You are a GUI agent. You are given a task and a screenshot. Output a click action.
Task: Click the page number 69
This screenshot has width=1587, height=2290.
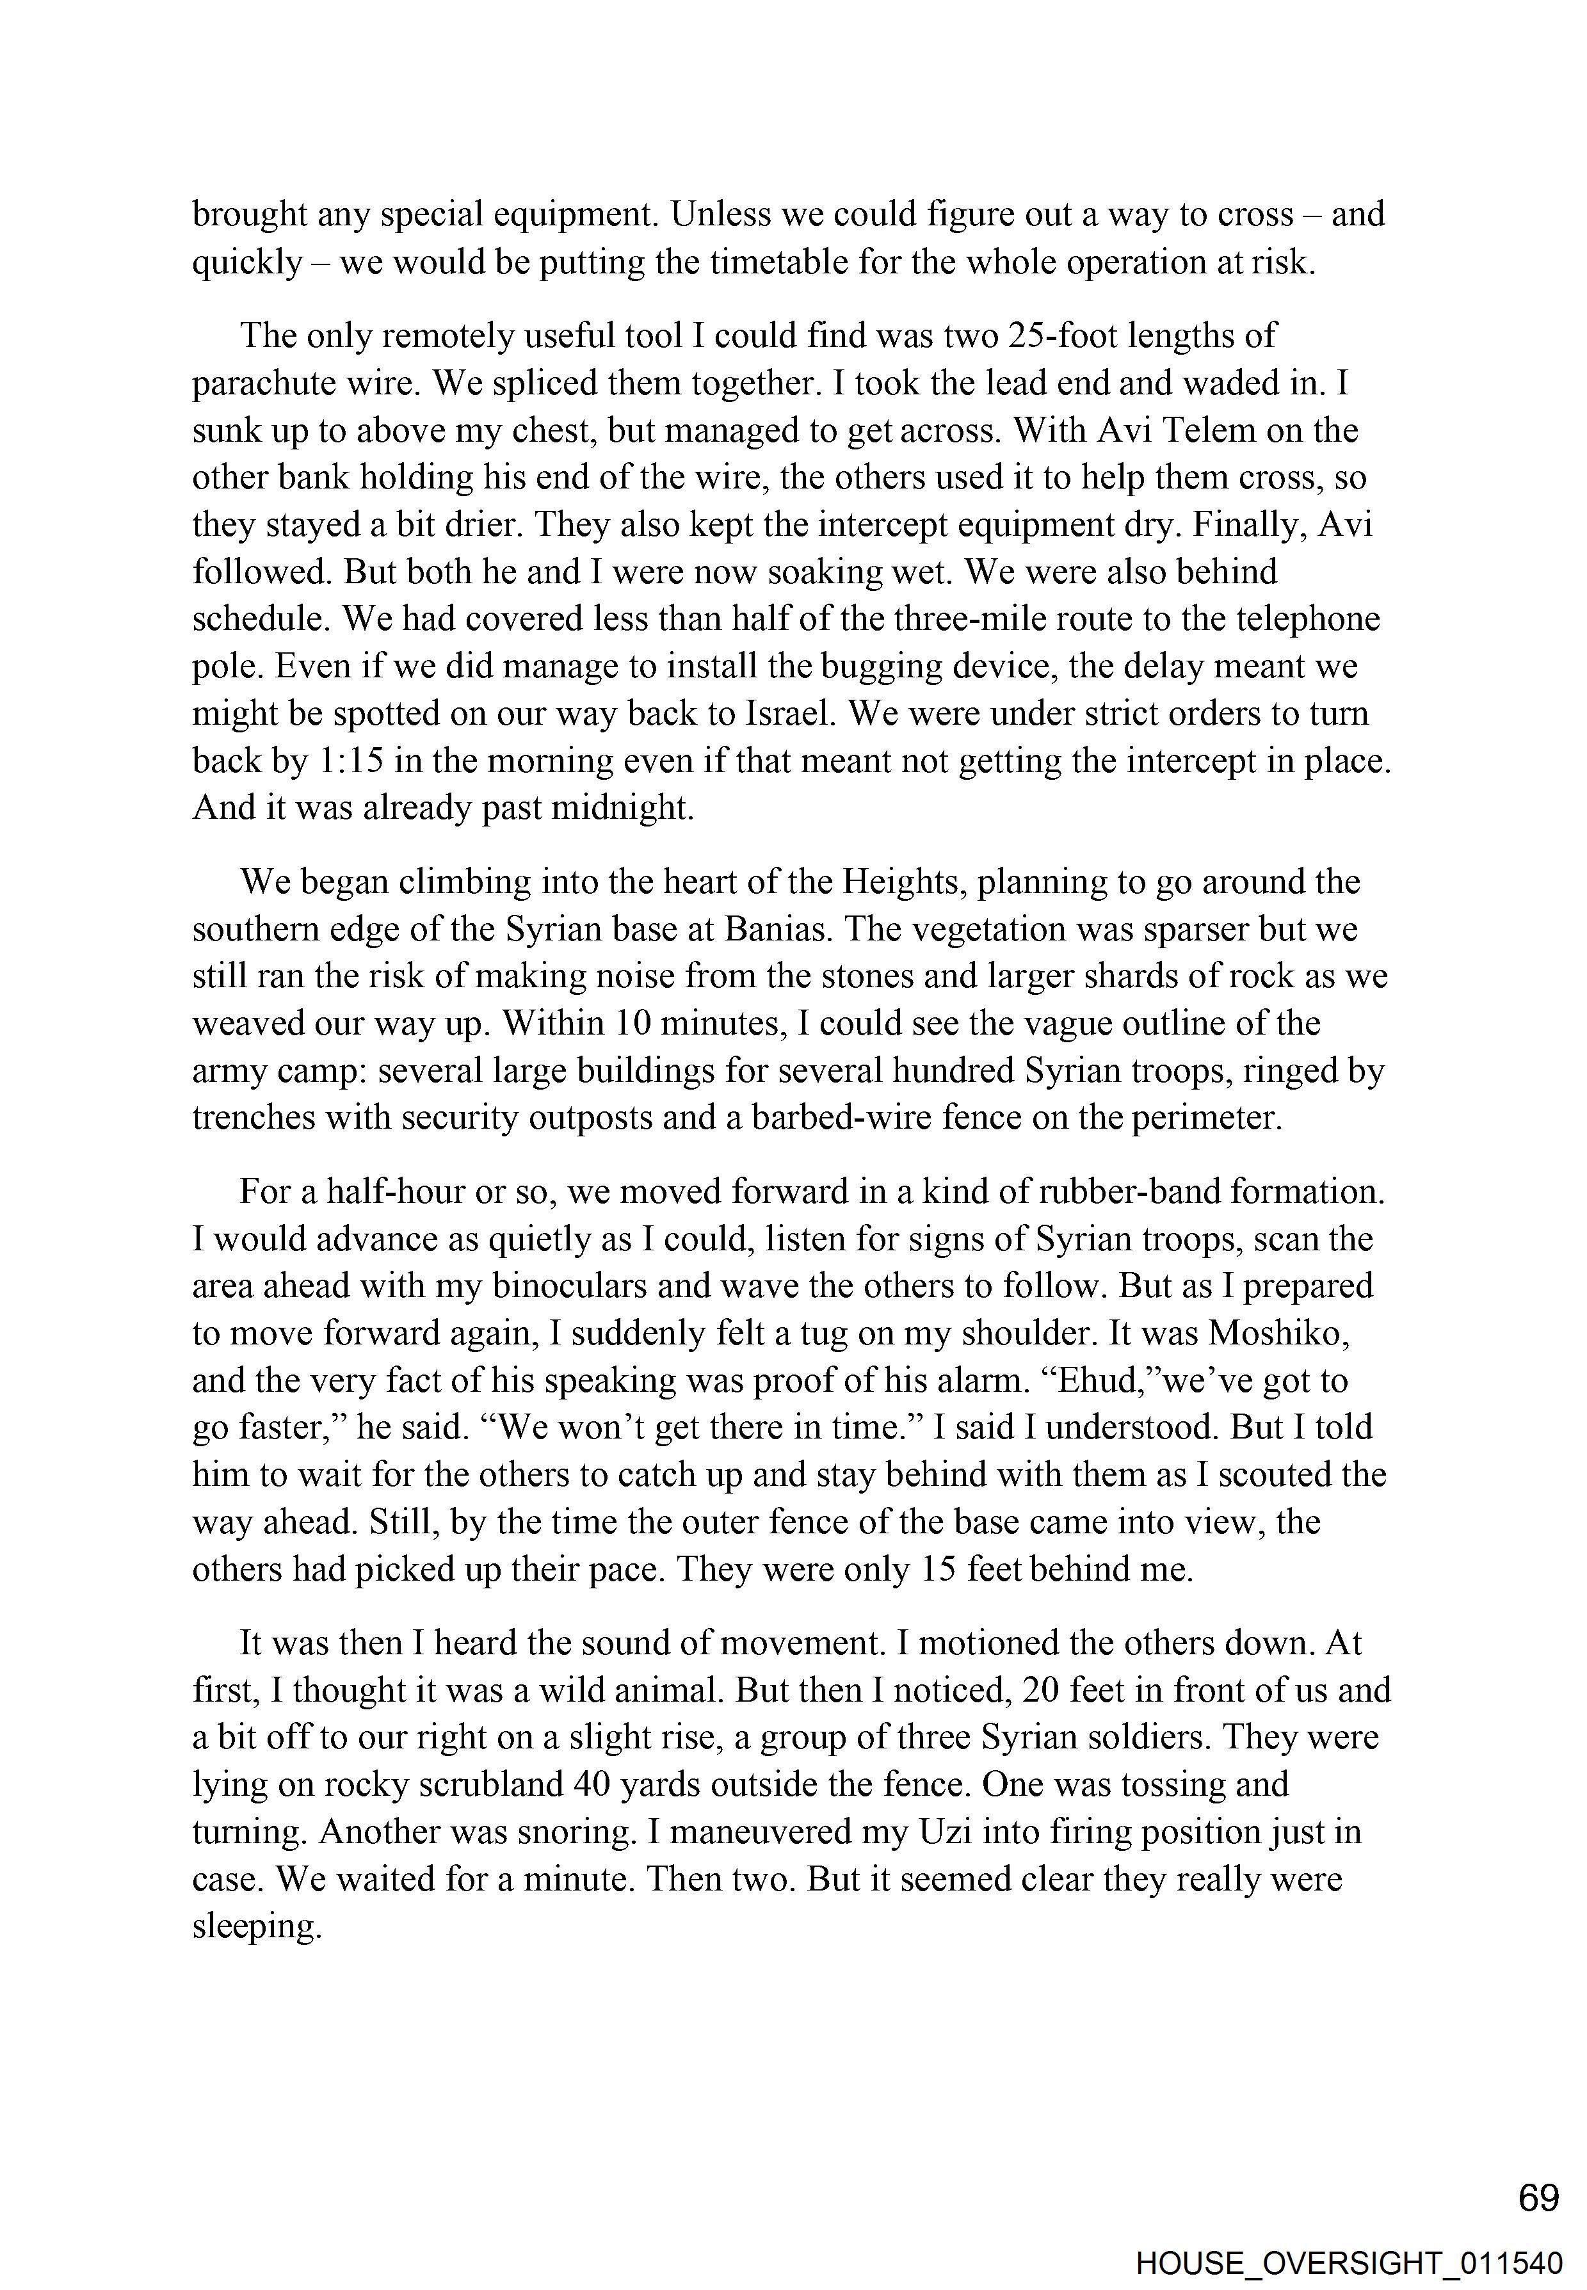(x=1538, y=2198)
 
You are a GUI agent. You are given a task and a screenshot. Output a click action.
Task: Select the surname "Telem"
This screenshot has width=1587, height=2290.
(x=1230, y=431)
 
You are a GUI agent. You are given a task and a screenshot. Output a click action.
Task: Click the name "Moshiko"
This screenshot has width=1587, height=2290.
(x=1278, y=1332)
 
